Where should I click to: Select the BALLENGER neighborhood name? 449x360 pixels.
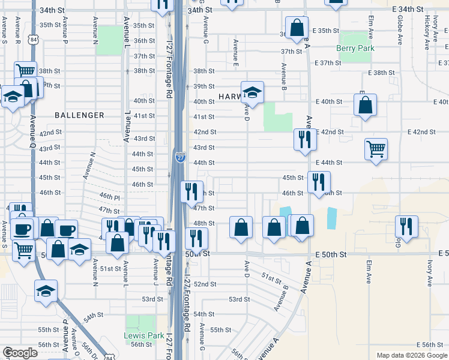79,115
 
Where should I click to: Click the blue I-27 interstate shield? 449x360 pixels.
180,157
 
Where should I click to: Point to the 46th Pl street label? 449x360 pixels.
110,196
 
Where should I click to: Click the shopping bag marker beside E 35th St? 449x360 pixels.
297,27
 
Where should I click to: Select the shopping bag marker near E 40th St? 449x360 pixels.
365,106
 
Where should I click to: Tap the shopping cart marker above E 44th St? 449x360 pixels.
376,148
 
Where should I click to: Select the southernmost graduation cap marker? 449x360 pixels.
46,291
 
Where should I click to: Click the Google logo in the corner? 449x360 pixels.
20,353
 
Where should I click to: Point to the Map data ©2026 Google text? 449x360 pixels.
412,355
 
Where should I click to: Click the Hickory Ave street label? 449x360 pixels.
426,29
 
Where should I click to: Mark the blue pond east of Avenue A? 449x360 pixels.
332,217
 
